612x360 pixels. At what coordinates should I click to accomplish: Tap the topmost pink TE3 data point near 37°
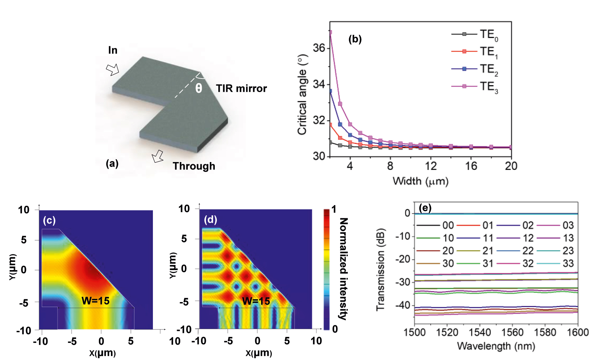(330, 32)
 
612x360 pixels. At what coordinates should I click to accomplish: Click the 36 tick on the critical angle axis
(319, 48)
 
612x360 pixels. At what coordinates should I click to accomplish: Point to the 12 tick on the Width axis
(431, 166)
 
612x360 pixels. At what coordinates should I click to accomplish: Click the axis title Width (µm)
(420, 181)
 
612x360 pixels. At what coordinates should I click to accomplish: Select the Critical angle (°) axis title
(302, 95)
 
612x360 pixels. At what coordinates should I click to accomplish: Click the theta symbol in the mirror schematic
(198, 88)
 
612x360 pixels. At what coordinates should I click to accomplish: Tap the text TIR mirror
(241, 88)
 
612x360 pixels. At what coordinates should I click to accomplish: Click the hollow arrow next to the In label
(113, 70)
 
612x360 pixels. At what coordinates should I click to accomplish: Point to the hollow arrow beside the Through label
(158, 156)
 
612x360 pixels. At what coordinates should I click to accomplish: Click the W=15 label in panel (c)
(95, 301)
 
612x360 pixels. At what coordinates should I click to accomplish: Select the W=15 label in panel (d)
(256, 301)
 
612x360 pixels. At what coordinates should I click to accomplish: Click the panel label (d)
(210, 220)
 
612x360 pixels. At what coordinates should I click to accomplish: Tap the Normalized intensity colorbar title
(343, 269)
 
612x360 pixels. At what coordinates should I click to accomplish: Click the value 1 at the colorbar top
(334, 209)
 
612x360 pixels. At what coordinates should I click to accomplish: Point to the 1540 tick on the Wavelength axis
(479, 333)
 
